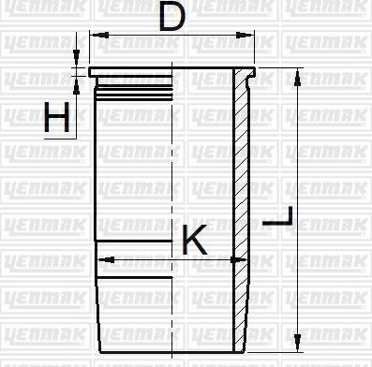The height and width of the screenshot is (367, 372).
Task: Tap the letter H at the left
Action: pyautogui.click(x=57, y=117)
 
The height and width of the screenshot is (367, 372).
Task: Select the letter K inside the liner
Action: pyautogui.click(x=193, y=241)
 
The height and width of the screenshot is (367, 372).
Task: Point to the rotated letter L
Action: pyautogui.click(x=278, y=221)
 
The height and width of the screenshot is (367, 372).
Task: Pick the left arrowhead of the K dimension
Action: pyautogui.click(x=103, y=258)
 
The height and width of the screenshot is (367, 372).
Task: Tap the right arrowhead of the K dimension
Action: pyautogui.click(x=229, y=258)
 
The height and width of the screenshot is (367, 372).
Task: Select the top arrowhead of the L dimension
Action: pyautogui.click(x=297, y=74)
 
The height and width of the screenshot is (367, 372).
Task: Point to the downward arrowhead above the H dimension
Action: pyautogui.click(x=75, y=56)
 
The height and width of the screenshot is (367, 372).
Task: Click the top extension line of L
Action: pyautogui.click(x=281, y=67)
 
